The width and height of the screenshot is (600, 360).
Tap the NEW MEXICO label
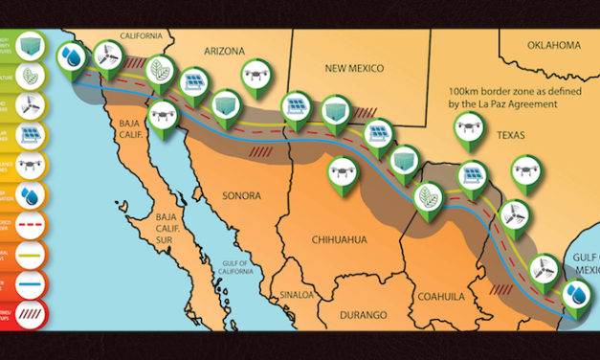tap(354, 69)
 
